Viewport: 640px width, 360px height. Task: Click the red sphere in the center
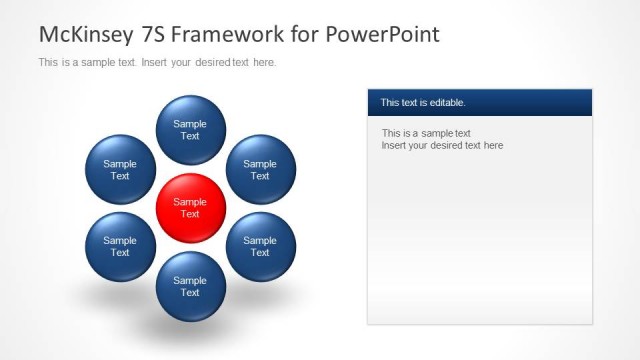pyautogui.click(x=190, y=207)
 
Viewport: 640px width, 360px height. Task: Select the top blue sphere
pyautogui.click(x=190, y=129)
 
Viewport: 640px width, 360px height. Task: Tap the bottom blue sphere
pyautogui.click(x=190, y=286)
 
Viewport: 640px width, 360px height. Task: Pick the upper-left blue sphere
pyautogui.click(x=120, y=169)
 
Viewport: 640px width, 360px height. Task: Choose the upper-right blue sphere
pyautogui.click(x=260, y=169)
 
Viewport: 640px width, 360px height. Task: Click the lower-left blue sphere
pyautogui.click(x=120, y=246)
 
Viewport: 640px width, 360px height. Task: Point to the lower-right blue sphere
pyautogui.click(x=260, y=246)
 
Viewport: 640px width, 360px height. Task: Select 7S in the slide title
pyautogui.click(x=152, y=34)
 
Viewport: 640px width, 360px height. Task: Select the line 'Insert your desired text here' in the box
pyautogui.click(x=442, y=146)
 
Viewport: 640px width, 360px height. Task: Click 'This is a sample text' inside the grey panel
pyautogui.click(x=426, y=133)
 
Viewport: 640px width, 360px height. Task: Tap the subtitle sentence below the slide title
pyautogui.click(x=157, y=62)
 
